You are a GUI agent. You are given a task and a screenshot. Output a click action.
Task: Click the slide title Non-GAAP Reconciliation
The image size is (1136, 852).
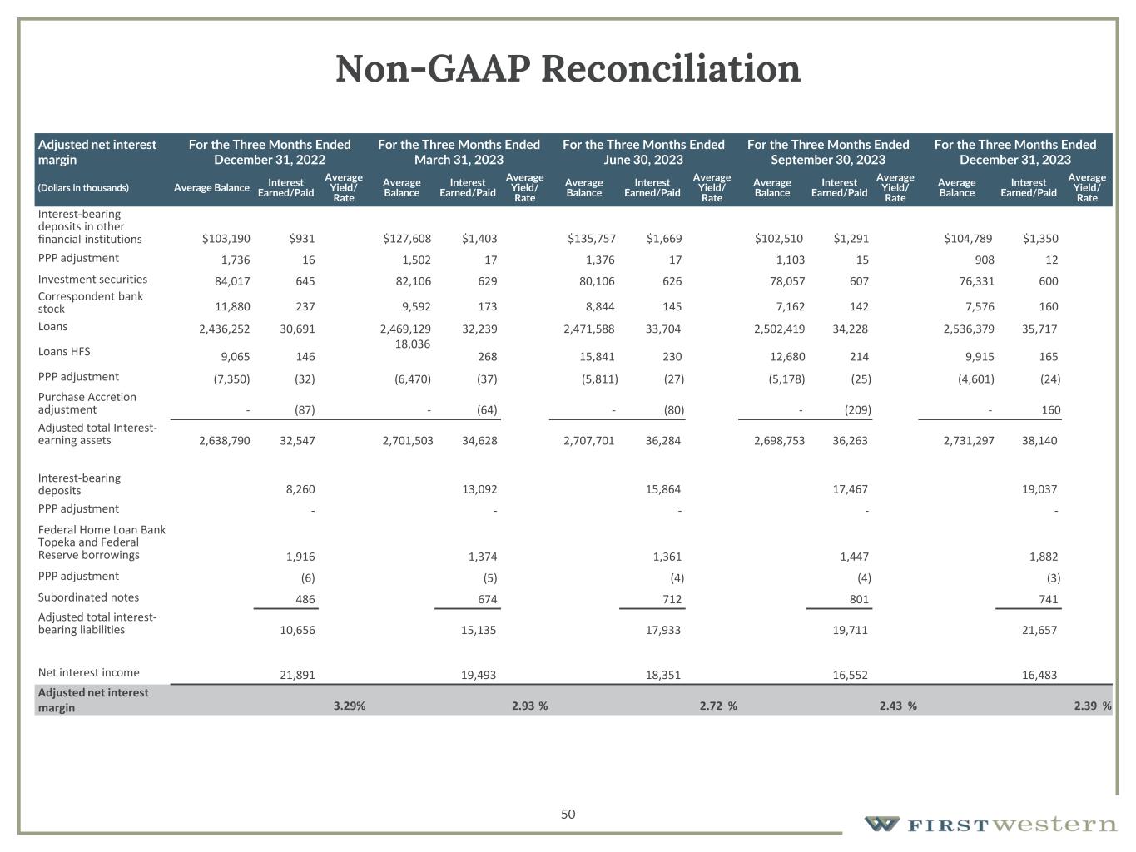(568, 68)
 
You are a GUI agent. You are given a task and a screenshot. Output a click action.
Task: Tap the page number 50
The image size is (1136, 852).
(568, 814)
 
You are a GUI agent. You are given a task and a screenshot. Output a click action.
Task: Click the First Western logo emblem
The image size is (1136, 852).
(881, 824)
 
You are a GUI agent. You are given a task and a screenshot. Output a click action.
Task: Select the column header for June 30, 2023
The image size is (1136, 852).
(643, 151)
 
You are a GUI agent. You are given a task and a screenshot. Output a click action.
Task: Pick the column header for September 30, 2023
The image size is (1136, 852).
(828, 151)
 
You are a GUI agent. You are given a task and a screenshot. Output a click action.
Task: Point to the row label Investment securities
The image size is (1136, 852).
(92, 280)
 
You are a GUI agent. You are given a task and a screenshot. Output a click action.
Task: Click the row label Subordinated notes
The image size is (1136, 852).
(88, 597)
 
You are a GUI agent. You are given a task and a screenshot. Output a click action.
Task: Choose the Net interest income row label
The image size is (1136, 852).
(89, 672)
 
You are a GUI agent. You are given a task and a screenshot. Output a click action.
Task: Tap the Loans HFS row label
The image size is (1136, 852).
(64, 351)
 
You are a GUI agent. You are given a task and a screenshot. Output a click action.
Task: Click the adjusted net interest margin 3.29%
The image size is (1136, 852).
(350, 706)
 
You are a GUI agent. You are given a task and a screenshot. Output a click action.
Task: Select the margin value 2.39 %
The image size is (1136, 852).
(1092, 706)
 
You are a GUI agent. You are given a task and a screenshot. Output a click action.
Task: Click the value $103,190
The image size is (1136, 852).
(226, 239)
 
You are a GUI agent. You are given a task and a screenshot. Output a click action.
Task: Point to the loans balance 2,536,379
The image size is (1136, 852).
(968, 329)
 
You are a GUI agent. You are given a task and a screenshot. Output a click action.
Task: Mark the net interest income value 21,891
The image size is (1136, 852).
(297, 675)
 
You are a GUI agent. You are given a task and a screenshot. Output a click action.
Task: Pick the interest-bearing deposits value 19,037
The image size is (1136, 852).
(1039, 489)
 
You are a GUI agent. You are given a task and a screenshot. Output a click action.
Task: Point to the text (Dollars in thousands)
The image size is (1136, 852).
(83, 188)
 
